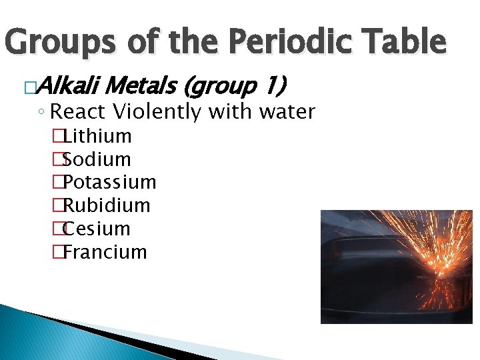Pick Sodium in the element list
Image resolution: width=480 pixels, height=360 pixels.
tap(97, 159)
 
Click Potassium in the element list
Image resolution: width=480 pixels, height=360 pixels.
tap(110, 182)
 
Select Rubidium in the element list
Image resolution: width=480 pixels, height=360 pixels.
tap(107, 205)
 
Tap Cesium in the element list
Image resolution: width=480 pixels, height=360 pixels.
tap(97, 229)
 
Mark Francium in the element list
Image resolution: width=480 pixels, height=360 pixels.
tap(105, 252)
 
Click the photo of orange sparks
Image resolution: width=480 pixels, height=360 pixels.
tap(396, 267)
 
